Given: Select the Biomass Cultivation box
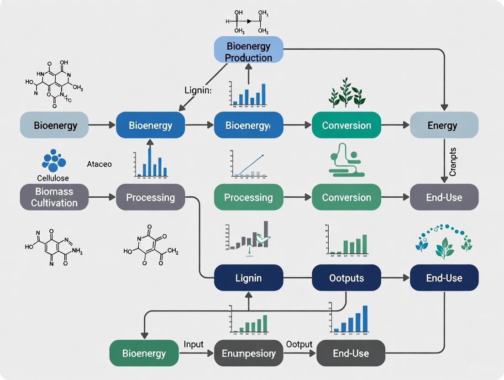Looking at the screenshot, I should click(54, 197).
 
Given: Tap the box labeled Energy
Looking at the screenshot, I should click(444, 125).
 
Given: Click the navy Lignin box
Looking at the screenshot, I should click(248, 278).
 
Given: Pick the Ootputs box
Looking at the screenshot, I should click(346, 278).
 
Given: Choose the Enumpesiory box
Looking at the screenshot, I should click(248, 353).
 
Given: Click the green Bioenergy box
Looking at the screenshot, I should click(144, 353).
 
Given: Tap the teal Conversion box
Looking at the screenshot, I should click(346, 125).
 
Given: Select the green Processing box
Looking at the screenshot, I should click(248, 197).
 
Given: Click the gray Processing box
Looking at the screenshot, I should click(150, 197).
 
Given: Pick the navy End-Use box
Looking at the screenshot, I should click(444, 278).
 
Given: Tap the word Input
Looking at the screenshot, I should click(194, 344).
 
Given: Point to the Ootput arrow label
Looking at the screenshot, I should click(299, 344).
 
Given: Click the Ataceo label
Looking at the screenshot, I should click(99, 164).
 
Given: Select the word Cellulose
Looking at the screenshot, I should click(53, 177).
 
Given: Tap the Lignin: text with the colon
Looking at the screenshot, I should click(198, 90).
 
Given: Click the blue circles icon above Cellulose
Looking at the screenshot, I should click(53, 160).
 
